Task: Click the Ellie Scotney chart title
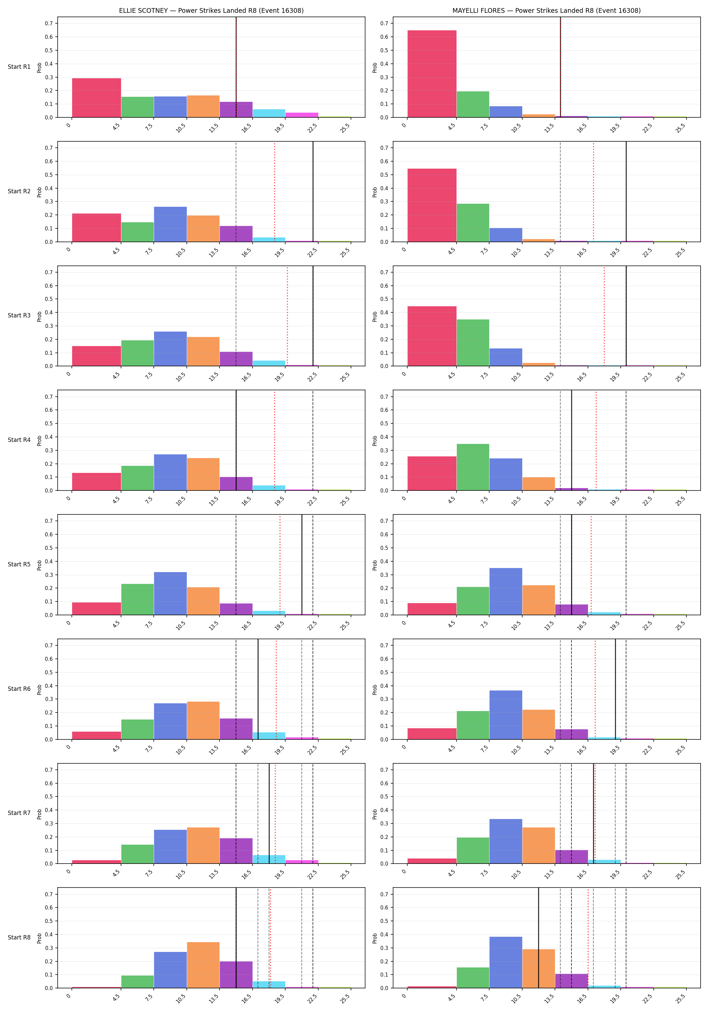[211, 10]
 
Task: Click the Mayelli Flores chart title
[546, 10]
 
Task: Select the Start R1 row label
[19, 67]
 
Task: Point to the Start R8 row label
[19, 937]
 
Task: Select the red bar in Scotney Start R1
[96, 98]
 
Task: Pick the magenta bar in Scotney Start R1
[302, 115]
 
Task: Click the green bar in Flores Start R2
[473, 223]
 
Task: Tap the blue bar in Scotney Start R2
[171, 224]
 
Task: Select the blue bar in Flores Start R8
[506, 962]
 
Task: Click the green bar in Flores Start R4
[473, 467]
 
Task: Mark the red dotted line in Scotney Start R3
[287, 316]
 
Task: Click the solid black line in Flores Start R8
[538, 937]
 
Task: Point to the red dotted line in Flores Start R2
[593, 192]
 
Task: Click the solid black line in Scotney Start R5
[302, 565]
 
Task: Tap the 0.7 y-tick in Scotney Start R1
[49, 23]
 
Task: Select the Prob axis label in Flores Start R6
[375, 690]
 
